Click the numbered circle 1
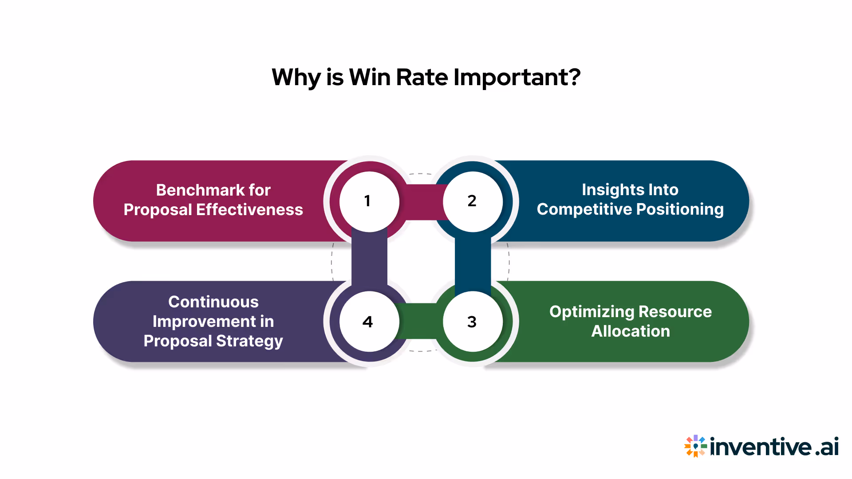click(x=369, y=201)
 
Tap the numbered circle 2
click(x=473, y=201)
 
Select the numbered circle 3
click(x=473, y=322)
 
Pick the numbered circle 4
click(x=369, y=322)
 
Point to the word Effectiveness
click(x=249, y=210)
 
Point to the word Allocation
click(x=631, y=331)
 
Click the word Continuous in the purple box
click(x=213, y=302)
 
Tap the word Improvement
click(x=204, y=322)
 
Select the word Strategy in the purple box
click(x=249, y=341)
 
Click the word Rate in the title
click(x=422, y=77)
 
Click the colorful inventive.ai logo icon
click(x=695, y=446)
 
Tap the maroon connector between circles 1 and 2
click(x=421, y=202)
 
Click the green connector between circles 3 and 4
click(x=421, y=321)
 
